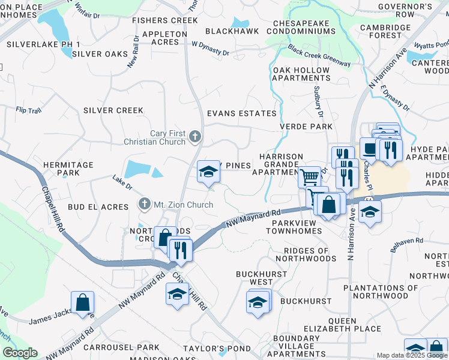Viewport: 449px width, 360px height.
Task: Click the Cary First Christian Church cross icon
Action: (x=194, y=137)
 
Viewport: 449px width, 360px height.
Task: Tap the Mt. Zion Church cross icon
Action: (x=144, y=205)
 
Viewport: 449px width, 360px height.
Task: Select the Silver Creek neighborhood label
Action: (x=113, y=110)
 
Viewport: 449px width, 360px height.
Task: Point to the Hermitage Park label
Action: (x=68, y=169)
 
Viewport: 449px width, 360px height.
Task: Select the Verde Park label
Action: (x=306, y=127)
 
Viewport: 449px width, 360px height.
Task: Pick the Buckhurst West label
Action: (x=254, y=278)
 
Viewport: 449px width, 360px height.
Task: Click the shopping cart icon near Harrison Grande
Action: (x=310, y=177)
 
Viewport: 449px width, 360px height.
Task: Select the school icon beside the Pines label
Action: (x=208, y=172)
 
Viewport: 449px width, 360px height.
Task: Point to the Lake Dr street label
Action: (x=122, y=181)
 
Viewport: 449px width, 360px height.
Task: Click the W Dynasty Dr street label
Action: (x=210, y=49)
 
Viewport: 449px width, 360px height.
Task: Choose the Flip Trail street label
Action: (x=28, y=110)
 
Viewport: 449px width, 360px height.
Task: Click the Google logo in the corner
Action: (x=20, y=353)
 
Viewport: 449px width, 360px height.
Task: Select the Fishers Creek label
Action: (x=157, y=20)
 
